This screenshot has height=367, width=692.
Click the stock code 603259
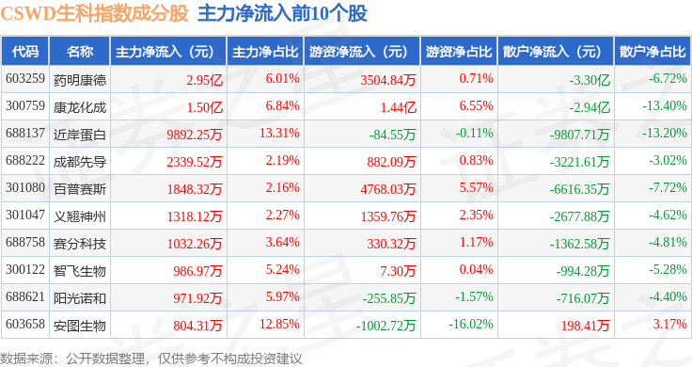25,79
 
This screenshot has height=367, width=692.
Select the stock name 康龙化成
80,107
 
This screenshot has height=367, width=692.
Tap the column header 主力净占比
265,52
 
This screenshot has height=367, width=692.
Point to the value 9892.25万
195,135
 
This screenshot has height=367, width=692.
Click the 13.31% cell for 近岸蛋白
279,133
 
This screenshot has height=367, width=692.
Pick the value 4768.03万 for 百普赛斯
388,189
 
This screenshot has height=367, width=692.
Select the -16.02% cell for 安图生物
471,324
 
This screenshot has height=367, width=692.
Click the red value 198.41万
585,326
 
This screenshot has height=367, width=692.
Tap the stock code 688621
25,296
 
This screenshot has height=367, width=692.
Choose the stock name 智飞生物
80,271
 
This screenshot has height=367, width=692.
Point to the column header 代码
25,52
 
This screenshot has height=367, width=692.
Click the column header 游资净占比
459,52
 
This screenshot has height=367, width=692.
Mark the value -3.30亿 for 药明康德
590,80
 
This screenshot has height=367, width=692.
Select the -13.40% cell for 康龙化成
664,106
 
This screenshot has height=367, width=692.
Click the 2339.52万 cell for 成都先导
195,162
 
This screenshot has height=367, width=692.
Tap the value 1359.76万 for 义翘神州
388,216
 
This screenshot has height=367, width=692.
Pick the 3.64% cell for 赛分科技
282,242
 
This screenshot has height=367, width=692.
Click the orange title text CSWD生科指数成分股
94,14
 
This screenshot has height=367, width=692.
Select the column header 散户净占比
653,52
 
